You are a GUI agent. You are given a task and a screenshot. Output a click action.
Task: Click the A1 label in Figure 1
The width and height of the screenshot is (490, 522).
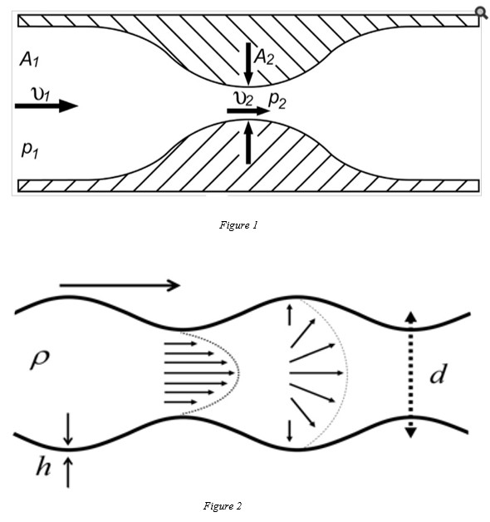(x=29, y=60)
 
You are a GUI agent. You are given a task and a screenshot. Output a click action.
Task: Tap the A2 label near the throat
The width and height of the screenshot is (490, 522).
(x=264, y=58)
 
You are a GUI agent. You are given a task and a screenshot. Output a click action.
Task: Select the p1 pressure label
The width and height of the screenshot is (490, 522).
(x=30, y=150)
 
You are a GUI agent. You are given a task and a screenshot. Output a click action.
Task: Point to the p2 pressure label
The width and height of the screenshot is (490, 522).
(x=277, y=100)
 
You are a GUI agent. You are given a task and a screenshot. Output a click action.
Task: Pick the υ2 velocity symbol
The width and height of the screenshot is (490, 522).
(x=243, y=99)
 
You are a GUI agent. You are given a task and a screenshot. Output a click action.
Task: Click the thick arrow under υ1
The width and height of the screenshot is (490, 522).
(x=47, y=106)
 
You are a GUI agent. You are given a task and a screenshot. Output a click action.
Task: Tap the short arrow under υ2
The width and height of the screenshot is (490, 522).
(x=248, y=111)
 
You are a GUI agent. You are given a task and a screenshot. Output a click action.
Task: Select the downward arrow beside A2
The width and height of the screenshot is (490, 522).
(x=248, y=64)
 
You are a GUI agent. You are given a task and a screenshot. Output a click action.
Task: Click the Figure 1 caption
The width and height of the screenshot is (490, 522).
(x=238, y=225)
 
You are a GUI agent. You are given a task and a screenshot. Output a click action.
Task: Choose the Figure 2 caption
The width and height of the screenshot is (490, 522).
(x=223, y=506)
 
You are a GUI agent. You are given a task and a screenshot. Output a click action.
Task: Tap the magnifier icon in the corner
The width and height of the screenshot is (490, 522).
(x=481, y=12)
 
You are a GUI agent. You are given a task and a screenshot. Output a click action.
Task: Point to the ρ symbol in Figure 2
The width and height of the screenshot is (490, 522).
(x=40, y=360)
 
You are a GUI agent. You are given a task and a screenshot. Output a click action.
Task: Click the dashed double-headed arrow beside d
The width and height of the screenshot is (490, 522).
(x=411, y=375)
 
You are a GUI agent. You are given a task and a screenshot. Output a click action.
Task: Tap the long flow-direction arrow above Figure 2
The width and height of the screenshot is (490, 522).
(x=120, y=285)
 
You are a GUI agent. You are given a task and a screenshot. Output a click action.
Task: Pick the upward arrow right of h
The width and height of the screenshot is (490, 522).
(x=68, y=472)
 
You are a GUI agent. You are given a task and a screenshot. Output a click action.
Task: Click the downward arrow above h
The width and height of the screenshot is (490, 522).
(x=68, y=429)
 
